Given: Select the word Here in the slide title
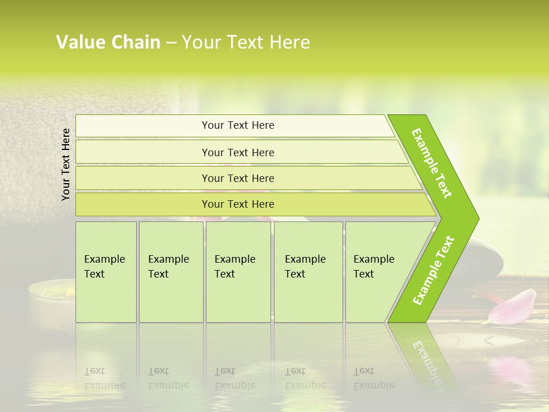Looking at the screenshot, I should click(289, 42).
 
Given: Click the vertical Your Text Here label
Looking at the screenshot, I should click(66, 164).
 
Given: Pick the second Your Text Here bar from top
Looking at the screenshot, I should click(238, 152).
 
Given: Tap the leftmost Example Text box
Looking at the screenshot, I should click(106, 272).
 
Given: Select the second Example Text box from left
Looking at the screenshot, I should click(170, 272).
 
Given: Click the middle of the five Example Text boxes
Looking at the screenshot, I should click(238, 272).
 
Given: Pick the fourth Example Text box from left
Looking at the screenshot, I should click(308, 272).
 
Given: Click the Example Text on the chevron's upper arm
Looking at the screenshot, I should click(432, 163).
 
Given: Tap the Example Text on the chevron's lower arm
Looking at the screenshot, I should click(433, 270).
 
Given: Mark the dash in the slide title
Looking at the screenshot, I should click(171, 42).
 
